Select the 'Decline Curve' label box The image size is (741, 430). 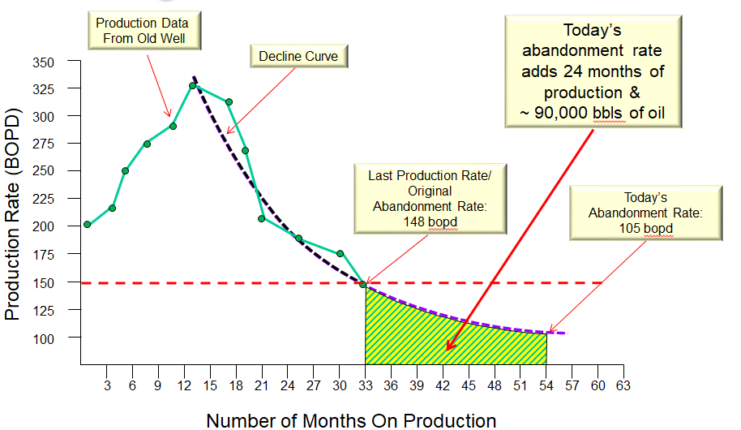click(x=298, y=57)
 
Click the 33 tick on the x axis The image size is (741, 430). click(x=365, y=387)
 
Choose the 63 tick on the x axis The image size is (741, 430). click(x=623, y=387)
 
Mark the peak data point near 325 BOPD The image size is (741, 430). click(x=193, y=85)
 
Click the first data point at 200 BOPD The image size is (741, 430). click(x=87, y=225)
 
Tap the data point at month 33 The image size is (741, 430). click(x=363, y=284)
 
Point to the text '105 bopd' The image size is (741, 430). click(x=645, y=229)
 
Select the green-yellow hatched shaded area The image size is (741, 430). click(x=438, y=333)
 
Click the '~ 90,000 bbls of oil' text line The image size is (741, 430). click(x=593, y=113)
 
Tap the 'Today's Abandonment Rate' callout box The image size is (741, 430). click(x=645, y=213)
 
